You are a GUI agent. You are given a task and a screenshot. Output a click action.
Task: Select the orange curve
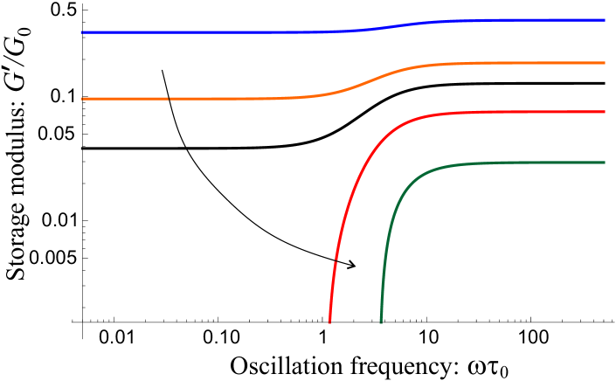218,99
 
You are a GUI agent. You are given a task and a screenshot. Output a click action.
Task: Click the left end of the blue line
81,32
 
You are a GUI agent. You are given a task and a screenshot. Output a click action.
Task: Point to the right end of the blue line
605,20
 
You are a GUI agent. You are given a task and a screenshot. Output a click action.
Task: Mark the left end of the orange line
81,99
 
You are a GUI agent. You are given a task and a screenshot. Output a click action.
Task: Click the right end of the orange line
605,63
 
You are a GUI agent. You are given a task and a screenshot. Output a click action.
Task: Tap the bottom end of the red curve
329,322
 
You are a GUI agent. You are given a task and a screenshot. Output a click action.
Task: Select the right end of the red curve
605,112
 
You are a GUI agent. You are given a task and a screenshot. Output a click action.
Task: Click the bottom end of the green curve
381,322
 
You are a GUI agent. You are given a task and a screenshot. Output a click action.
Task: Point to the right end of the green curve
605,163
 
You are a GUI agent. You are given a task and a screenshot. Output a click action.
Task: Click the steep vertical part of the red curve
336,253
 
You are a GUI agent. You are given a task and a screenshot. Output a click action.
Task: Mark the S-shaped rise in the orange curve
376,80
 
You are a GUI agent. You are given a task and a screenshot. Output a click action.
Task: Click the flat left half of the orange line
175,99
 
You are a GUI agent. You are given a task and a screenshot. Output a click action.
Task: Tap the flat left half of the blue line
175,32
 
